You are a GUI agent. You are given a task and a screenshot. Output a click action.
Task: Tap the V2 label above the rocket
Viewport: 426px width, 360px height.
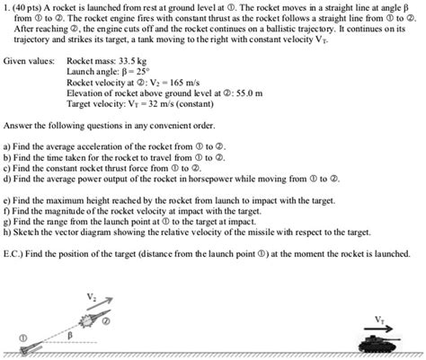point(90,295)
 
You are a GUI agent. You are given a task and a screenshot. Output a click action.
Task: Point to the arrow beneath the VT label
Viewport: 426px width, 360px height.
point(377,327)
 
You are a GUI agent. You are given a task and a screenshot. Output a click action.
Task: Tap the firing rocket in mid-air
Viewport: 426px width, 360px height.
point(87,320)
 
